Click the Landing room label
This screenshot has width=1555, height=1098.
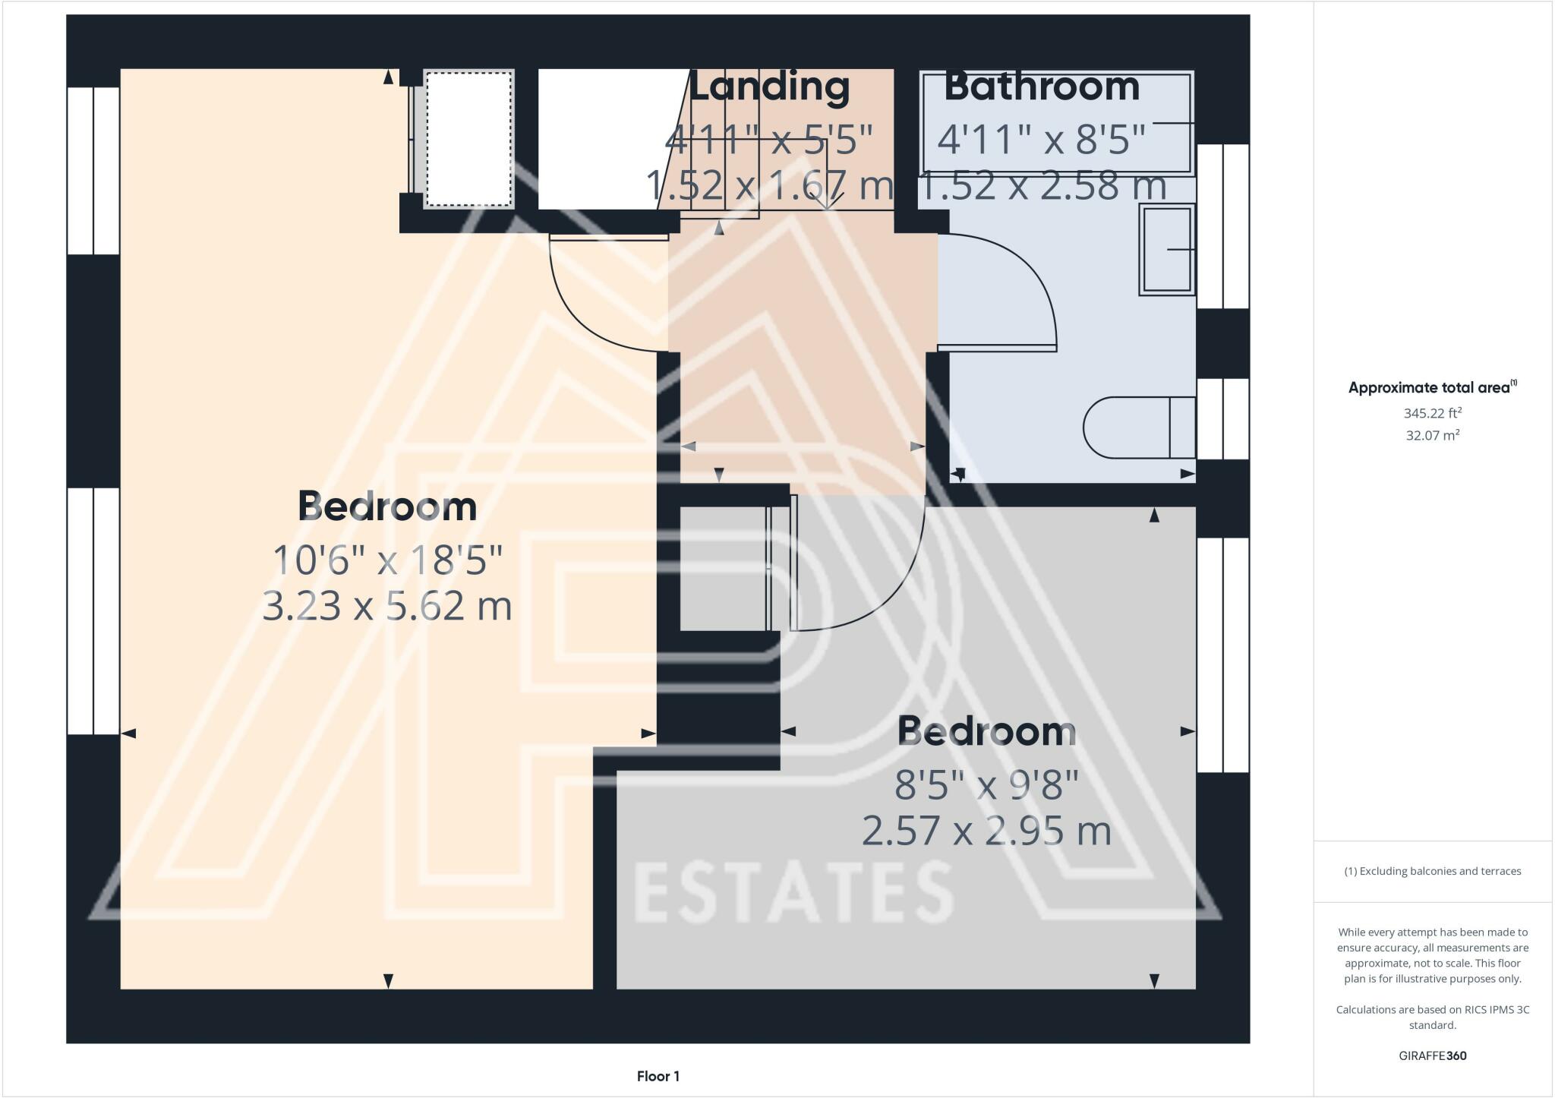pyautogui.click(x=768, y=87)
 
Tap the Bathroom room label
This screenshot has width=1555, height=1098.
pyautogui.click(x=1042, y=87)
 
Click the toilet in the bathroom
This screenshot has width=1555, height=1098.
pyautogui.click(x=1139, y=428)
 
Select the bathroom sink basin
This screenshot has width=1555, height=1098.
pyautogui.click(x=1167, y=249)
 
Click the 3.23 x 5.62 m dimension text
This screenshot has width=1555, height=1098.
pyautogui.click(x=387, y=607)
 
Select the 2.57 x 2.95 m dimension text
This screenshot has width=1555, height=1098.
pyautogui.click(x=986, y=831)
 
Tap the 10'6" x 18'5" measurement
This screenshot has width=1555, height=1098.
pyautogui.click(x=387, y=560)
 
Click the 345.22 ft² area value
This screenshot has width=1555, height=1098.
pyautogui.click(x=1432, y=413)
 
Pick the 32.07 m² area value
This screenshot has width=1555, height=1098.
pyautogui.click(x=1432, y=435)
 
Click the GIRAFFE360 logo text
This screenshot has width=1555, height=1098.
pyautogui.click(x=1432, y=1055)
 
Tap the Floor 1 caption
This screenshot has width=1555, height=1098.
pyautogui.click(x=658, y=1076)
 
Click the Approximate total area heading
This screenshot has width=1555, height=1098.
pyautogui.click(x=1432, y=387)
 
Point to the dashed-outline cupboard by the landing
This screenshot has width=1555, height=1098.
pyautogui.click(x=468, y=139)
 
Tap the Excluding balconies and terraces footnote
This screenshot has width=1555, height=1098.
pyautogui.click(x=1432, y=871)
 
